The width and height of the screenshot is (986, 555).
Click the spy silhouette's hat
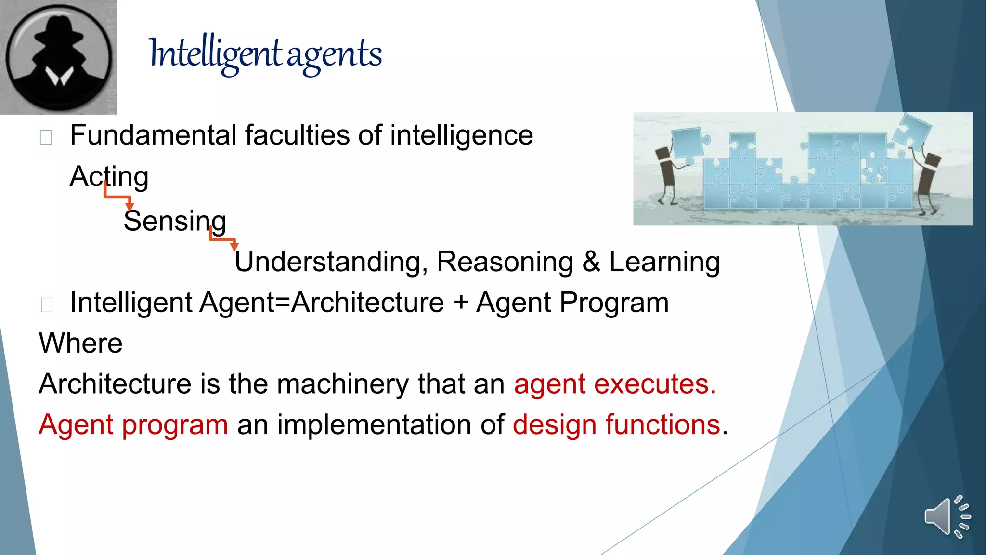point(59,33)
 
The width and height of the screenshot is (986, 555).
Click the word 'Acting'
point(109,177)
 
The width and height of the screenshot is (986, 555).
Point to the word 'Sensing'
point(175,221)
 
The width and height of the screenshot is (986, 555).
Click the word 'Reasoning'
point(505,262)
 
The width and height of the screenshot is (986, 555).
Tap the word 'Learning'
point(664,262)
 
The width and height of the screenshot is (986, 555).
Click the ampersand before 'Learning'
point(591,262)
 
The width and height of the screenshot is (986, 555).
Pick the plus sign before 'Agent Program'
point(461,303)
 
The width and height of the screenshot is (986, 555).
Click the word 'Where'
point(81,344)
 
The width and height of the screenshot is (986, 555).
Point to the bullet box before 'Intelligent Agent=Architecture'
point(47,305)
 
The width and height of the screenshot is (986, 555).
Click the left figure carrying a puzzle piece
point(666,173)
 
